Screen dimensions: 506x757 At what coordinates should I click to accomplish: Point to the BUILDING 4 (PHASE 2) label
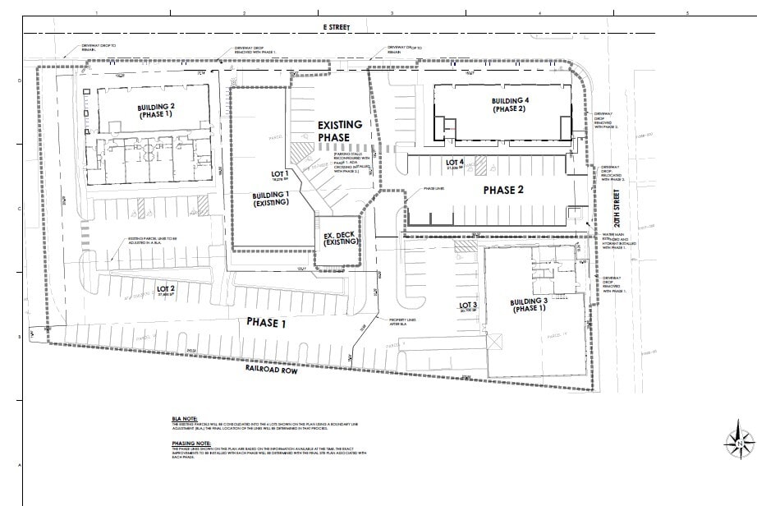click(510, 105)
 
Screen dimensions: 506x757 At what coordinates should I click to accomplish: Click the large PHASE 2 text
click(503, 190)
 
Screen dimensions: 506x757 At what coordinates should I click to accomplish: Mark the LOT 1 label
click(281, 174)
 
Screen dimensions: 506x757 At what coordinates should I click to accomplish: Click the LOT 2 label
click(167, 289)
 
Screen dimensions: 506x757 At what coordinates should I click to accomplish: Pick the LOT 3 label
click(468, 306)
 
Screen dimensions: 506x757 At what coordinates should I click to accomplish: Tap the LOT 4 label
click(455, 163)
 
